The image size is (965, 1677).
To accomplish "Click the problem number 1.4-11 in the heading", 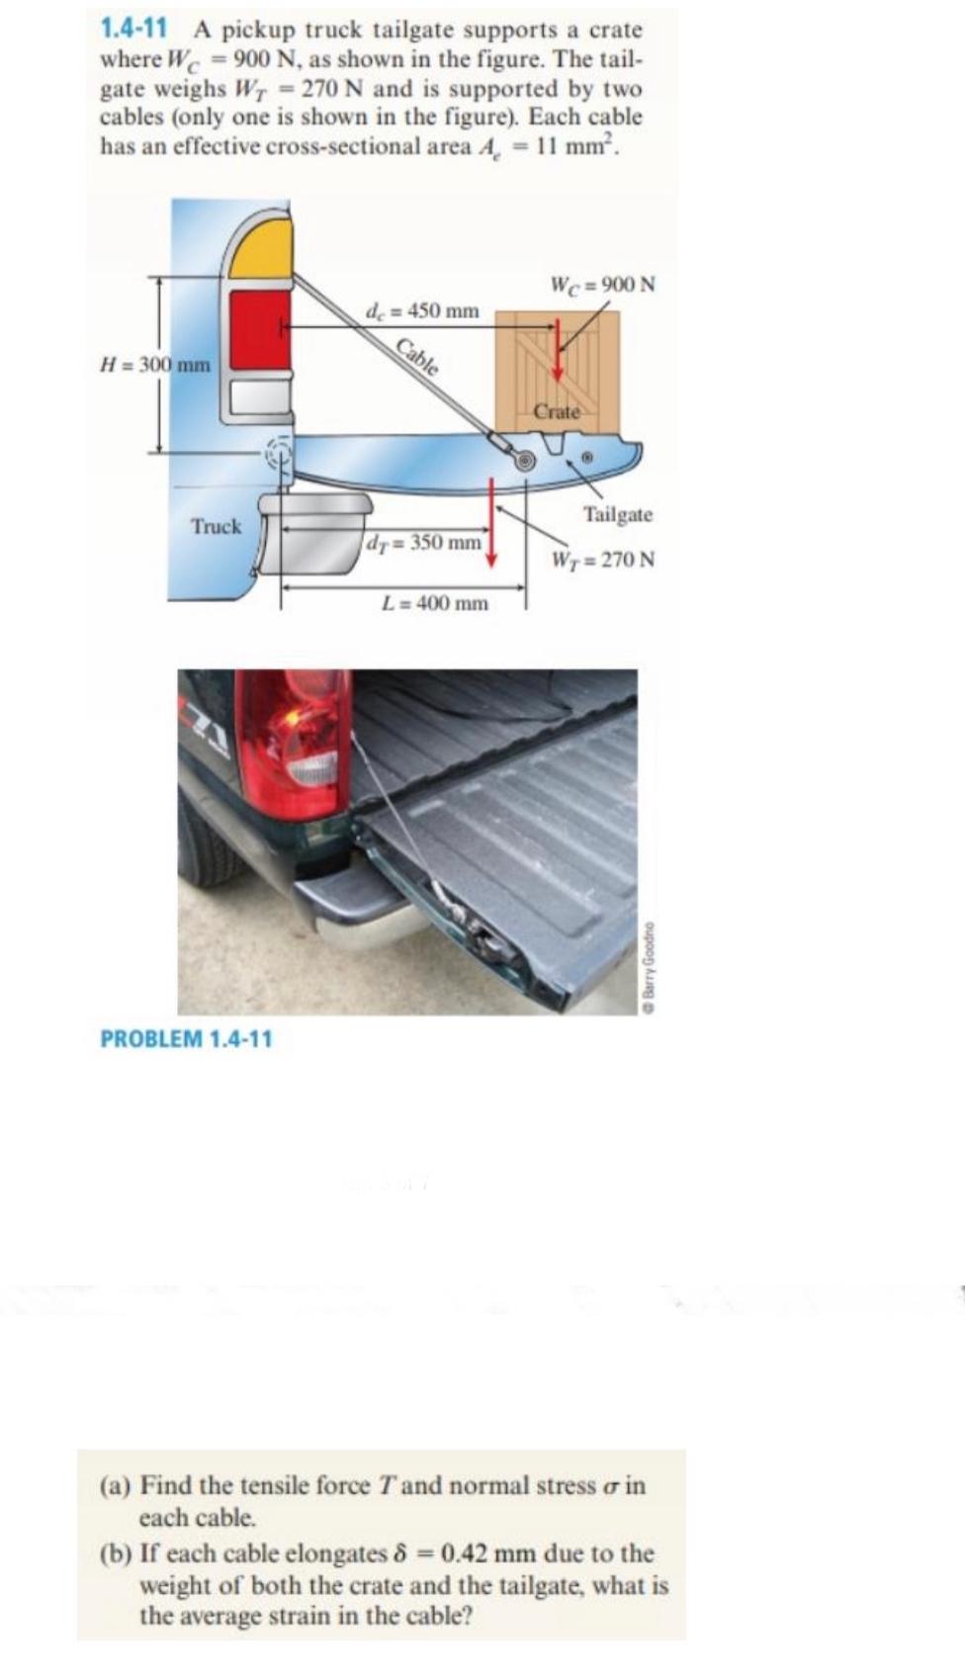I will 132,30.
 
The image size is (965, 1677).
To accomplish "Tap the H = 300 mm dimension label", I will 155,364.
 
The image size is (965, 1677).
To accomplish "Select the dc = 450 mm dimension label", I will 422,310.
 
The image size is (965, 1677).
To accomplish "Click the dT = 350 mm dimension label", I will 423,542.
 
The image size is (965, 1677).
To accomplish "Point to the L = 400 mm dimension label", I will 435,603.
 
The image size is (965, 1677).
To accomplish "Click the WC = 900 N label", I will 602,285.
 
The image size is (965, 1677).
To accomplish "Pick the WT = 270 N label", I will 602,560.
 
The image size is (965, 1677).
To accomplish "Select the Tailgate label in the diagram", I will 617,514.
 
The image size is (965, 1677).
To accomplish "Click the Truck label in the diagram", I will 217,526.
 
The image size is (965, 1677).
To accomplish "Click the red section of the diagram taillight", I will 259,328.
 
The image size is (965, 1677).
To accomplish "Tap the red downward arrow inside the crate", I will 558,350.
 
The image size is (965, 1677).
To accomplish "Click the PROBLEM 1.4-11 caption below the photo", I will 186,1038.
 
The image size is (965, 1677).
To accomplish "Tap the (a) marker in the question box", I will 117,1486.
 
